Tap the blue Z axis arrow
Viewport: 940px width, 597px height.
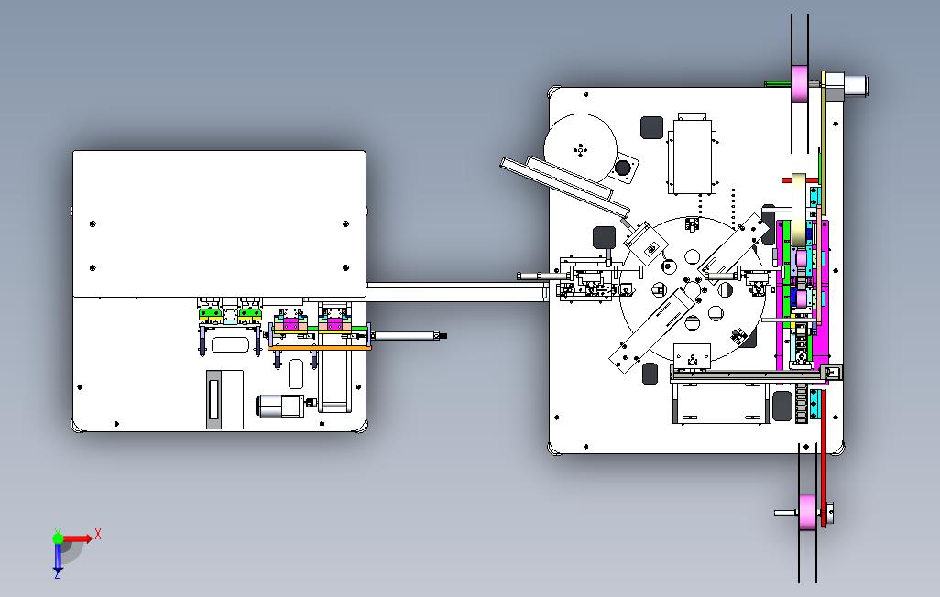coord(58,557)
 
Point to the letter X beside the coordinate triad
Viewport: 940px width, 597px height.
coord(98,534)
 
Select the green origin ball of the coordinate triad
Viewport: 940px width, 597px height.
coord(58,538)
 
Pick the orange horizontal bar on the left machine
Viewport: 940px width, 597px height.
coord(320,348)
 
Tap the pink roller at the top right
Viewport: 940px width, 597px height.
coord(799,83)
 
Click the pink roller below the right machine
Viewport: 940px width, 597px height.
coord(807,513)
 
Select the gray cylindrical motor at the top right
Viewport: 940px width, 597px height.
coord(854,84)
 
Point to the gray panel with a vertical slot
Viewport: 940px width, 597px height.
coord(224,399)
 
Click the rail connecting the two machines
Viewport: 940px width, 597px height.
coord(455,292)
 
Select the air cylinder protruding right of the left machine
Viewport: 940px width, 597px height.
coord(408,336)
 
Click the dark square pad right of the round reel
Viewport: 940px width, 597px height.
coord(651,127)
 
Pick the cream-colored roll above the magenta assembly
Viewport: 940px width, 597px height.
coord(799,210)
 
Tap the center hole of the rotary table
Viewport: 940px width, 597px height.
coord(692,289)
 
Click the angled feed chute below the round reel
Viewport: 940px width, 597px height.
coord(566,185)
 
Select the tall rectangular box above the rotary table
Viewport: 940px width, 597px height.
coord(693,156)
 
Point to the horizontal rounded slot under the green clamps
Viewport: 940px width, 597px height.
coord(230,344)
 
